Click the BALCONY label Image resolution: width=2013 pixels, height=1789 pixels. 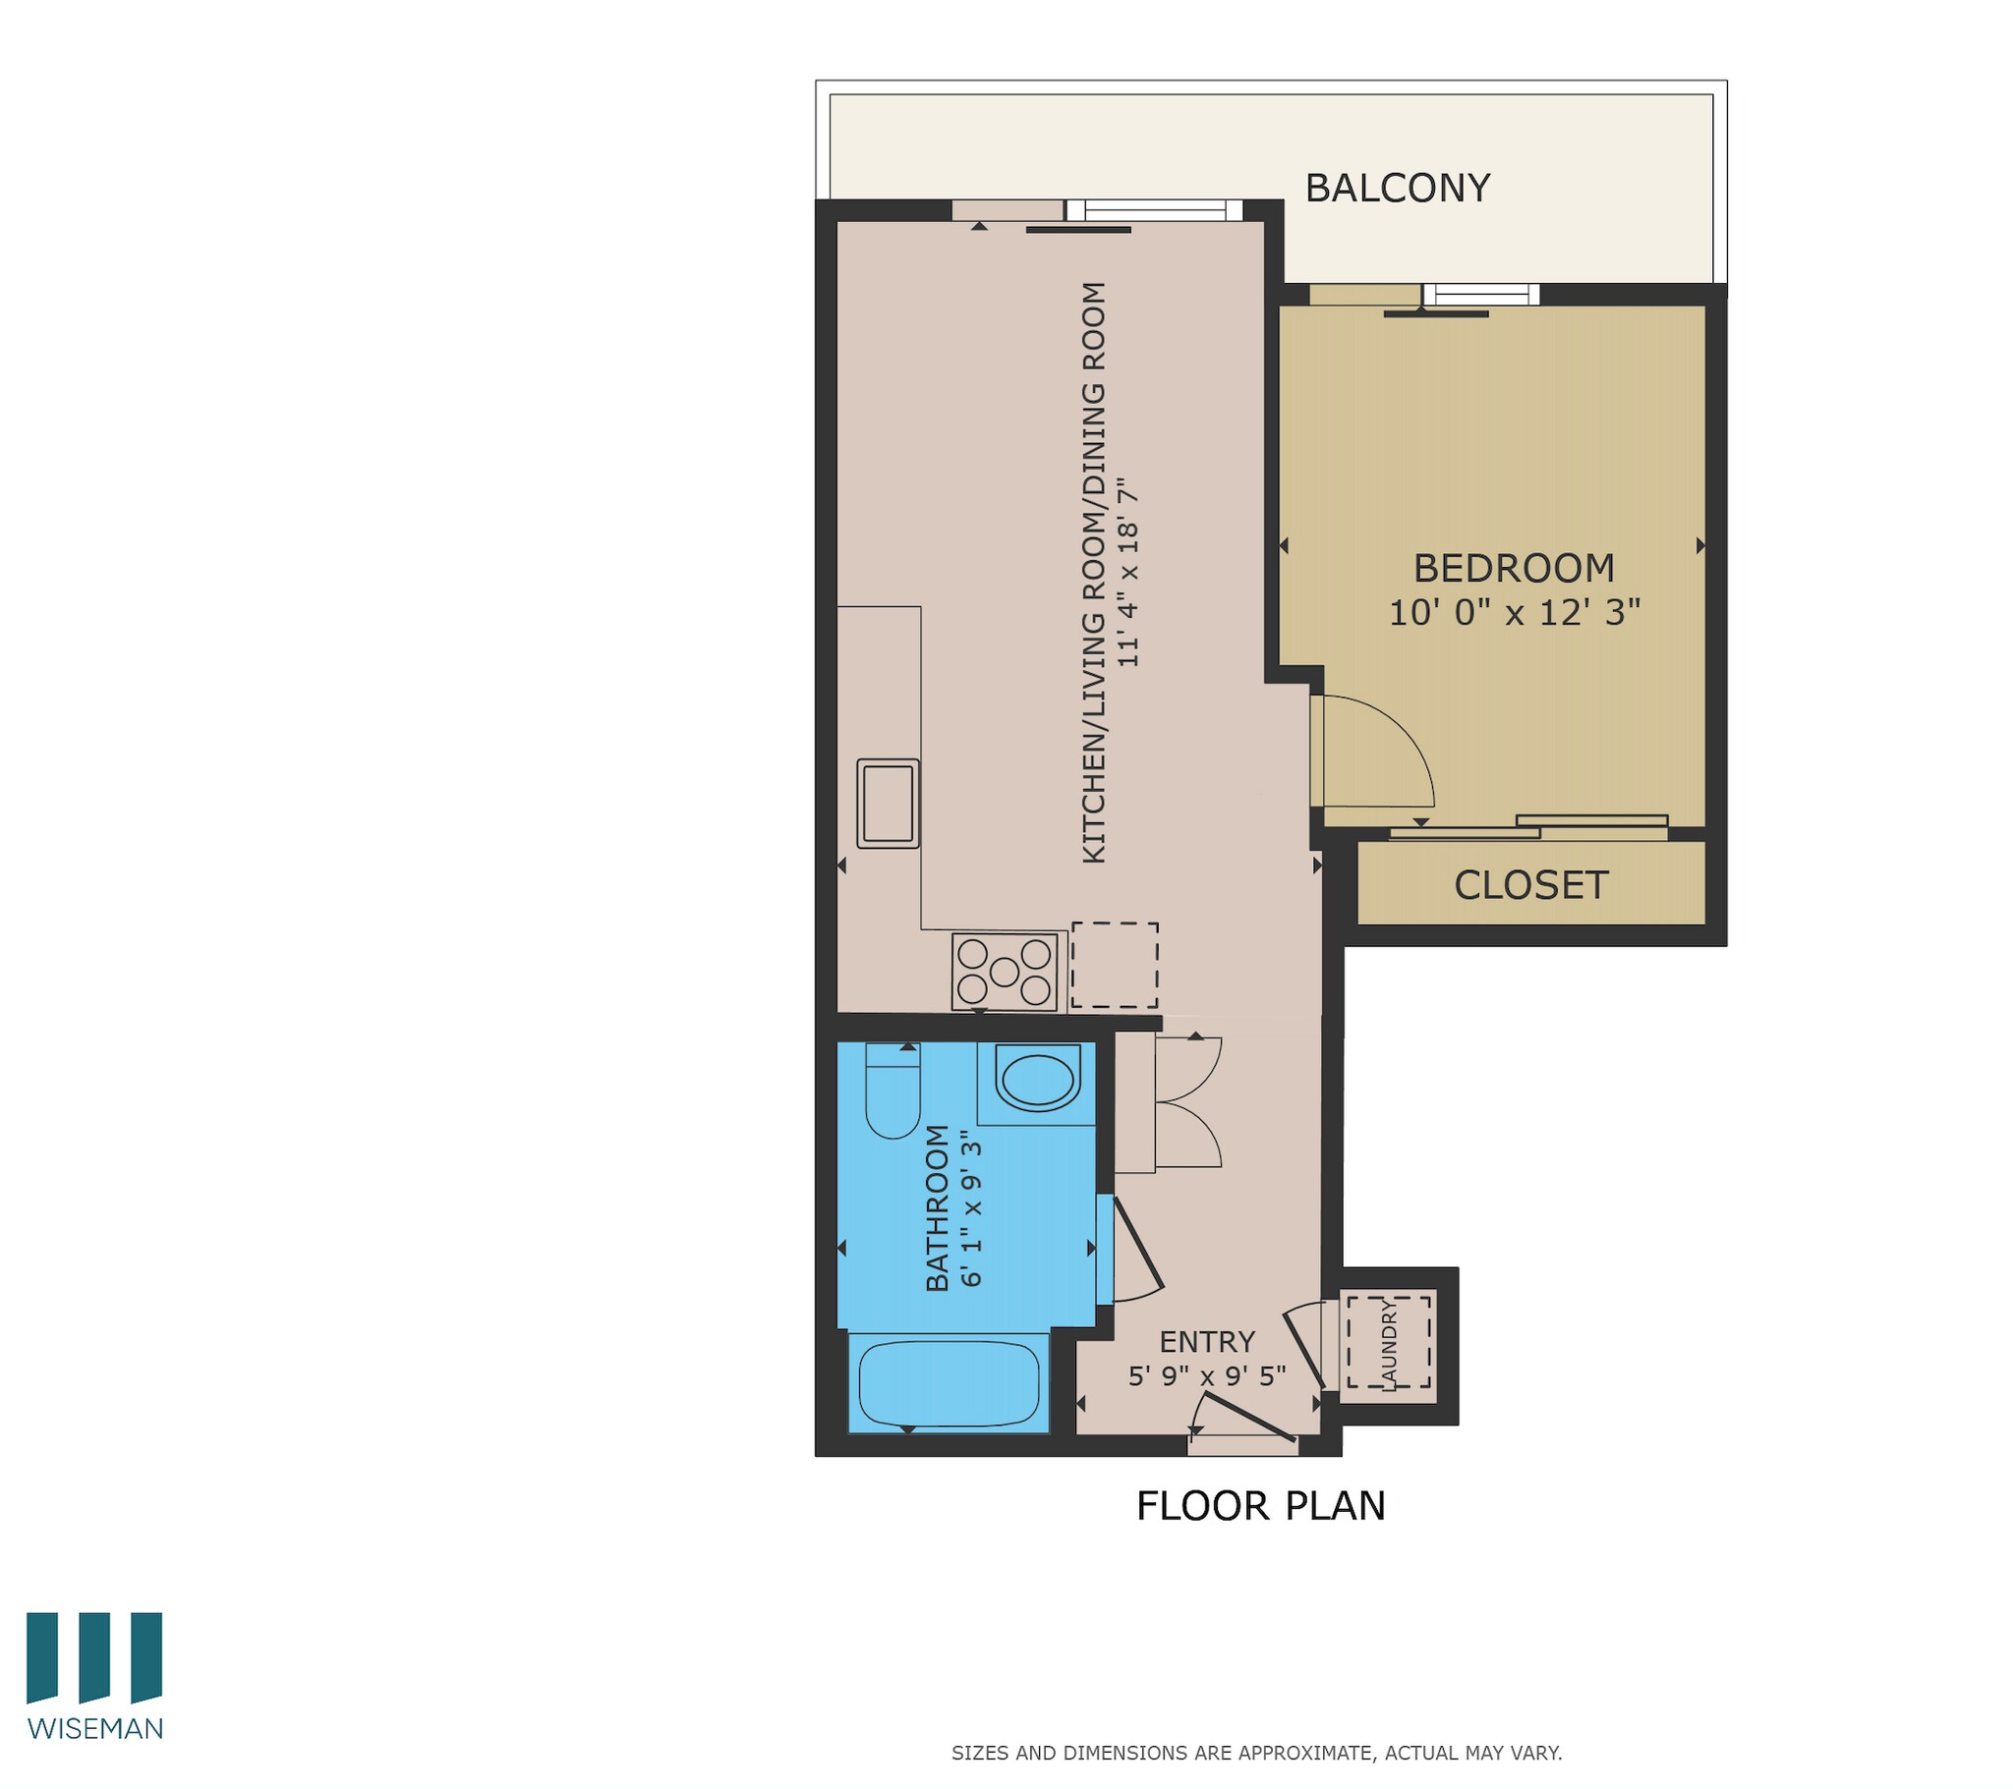pos(1397,188)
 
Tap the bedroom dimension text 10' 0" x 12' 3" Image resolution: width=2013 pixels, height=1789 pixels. pos(1514,612)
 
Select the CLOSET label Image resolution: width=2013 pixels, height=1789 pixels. pos(1530,885)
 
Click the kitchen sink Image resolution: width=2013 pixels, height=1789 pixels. pos(888,804)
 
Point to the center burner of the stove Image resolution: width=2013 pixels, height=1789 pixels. pos(1004,972)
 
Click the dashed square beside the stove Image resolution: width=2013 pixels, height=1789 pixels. pos(1114,965)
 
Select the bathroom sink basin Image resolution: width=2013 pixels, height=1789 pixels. pos(1036,1079)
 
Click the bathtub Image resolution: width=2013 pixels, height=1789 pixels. pos(949,1382)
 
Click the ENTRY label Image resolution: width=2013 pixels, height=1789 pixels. pos(1206,1342)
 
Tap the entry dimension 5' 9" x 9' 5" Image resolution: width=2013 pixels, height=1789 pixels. pos(1206,1375)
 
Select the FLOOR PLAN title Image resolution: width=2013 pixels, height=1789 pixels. pos(1260,1506)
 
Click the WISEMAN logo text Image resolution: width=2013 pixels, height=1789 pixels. pos(95,1728)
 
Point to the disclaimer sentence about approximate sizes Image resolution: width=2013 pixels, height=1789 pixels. pos(1255,1753)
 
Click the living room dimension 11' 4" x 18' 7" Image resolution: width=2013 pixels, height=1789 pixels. pos(1127,573)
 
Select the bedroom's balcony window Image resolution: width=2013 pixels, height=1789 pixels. pos(1479,294)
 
